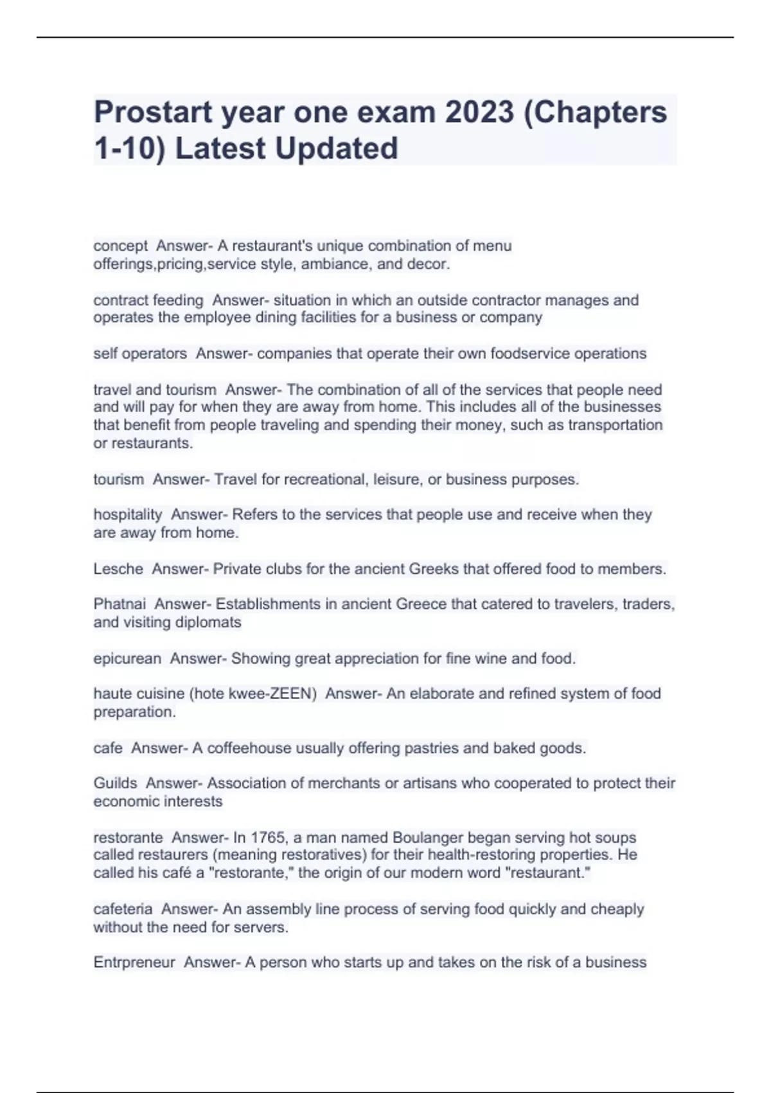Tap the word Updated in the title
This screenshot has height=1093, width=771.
tap(337, 149)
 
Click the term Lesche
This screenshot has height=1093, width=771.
tap(118, 568)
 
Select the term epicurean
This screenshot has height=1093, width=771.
tap(127, 658)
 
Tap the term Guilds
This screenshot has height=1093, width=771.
tap(115, 783)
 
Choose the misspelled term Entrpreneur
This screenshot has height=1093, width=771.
tap(134, 962)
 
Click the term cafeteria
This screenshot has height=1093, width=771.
tap(123, 909)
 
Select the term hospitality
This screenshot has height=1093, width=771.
tap(128, 514)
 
